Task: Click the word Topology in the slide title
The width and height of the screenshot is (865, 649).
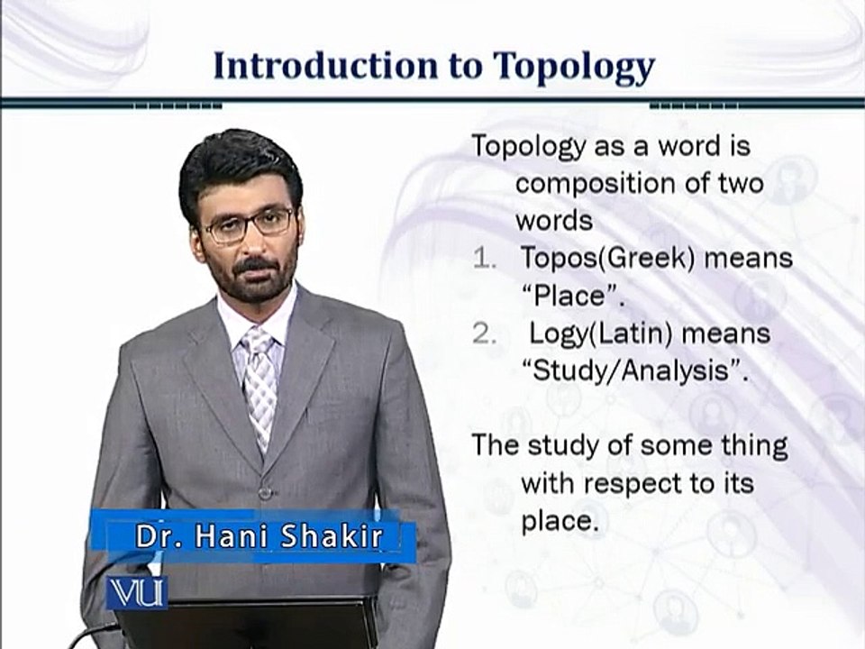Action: point(573,67)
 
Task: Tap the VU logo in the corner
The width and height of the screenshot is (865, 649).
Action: point(136,592)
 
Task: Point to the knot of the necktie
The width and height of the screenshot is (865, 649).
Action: point(258,343)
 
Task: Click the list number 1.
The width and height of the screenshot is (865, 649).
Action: point(486,259)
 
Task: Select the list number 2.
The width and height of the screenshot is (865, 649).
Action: point(487,334)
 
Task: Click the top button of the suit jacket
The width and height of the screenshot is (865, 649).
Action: point(264,493)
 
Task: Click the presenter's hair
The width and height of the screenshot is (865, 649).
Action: point(239,162)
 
